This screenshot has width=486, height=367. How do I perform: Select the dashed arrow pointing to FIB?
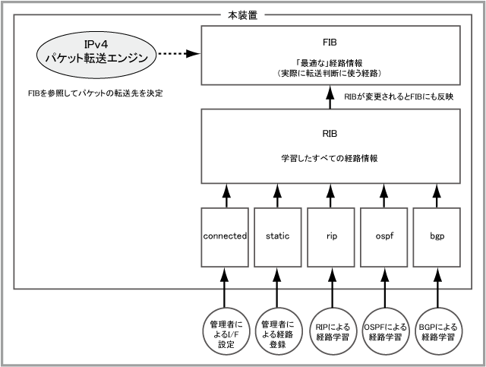179,54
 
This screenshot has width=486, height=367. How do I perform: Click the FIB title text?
330,43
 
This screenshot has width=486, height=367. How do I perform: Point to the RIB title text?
330,134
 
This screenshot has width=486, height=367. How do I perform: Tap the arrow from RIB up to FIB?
330,97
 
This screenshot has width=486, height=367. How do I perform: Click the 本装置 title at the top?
243,15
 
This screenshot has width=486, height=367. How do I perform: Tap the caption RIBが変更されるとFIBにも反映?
399,96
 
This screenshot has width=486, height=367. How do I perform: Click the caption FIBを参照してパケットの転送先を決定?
96,93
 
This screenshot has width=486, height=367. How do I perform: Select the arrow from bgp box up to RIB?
437,196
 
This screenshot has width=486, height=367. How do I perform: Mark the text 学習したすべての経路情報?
330,158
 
